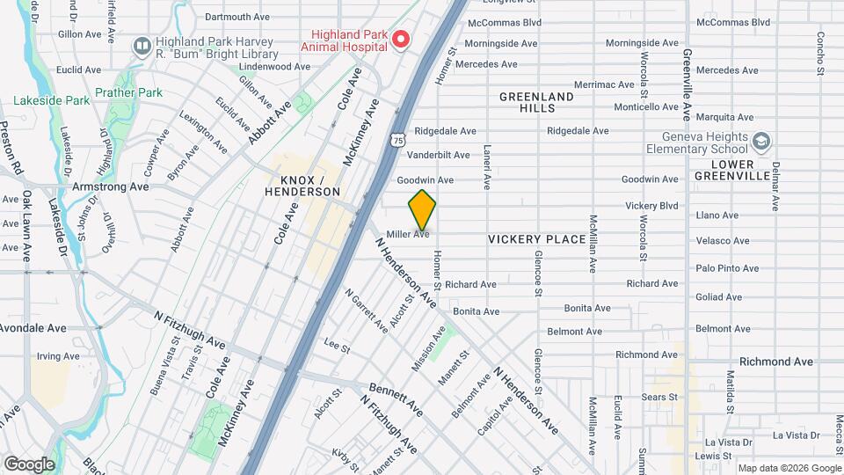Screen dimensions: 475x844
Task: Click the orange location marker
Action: coord(422,209)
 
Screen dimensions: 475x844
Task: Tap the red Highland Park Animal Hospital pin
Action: coord(401,40)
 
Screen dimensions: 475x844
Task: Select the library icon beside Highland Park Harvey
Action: coord(142,46)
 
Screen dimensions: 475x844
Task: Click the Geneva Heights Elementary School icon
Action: coord(761,140)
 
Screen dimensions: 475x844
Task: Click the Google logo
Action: coord(29,464)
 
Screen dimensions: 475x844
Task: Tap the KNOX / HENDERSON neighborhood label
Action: coord(303,185)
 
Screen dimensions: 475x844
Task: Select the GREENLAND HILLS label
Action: coord(536,102)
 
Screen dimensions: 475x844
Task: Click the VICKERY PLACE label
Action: coord(536,239)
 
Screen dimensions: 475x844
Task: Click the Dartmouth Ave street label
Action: coord(237,17)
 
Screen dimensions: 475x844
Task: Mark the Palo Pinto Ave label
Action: coord(724,267)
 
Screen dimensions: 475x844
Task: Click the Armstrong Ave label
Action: coord(110,186)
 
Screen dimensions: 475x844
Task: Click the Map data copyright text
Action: coord(788,468)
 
